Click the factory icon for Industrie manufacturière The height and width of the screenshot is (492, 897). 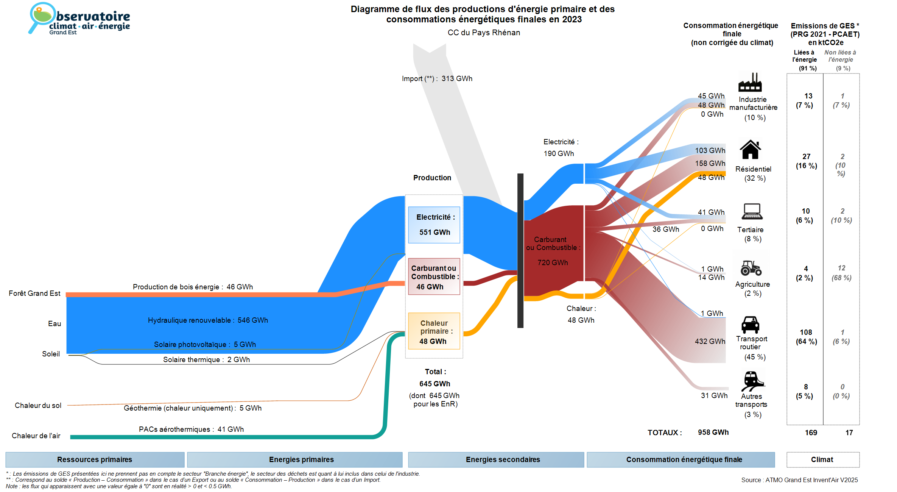click(x=750, y=83)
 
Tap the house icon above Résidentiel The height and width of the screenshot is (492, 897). click(x=750, y=150)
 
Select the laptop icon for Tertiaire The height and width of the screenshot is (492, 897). click(x=752, y=211)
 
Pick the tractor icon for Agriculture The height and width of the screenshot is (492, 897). click(x=751, y=268)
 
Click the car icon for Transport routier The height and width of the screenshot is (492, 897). click(x=750, y=325)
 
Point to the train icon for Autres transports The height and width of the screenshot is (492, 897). click(x=752, y=381)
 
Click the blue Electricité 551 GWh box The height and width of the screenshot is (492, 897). click(x=434, y=225)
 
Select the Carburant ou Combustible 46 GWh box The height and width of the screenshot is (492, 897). click(x=434, y=276)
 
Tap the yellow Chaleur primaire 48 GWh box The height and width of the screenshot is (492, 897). click(x=434, y=331)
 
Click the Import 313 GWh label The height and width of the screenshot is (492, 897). click(x=437, y=79)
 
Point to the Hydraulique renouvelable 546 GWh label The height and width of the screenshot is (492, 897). click(x=208, y=320)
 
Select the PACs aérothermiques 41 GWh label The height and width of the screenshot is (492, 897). click(x=191, y=430)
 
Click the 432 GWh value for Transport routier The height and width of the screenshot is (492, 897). click(x=710, y=342)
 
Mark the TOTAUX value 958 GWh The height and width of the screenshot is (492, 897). click(x=713, y=433)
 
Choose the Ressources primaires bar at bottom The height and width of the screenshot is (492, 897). click(x=95, y=460)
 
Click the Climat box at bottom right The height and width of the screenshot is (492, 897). click(x=822, y=460)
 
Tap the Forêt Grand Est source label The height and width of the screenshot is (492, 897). click(x=34, y=294)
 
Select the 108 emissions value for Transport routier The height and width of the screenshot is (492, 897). click(x=806, y=333)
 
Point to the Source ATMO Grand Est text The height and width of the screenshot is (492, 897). click(x=799, y=480)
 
